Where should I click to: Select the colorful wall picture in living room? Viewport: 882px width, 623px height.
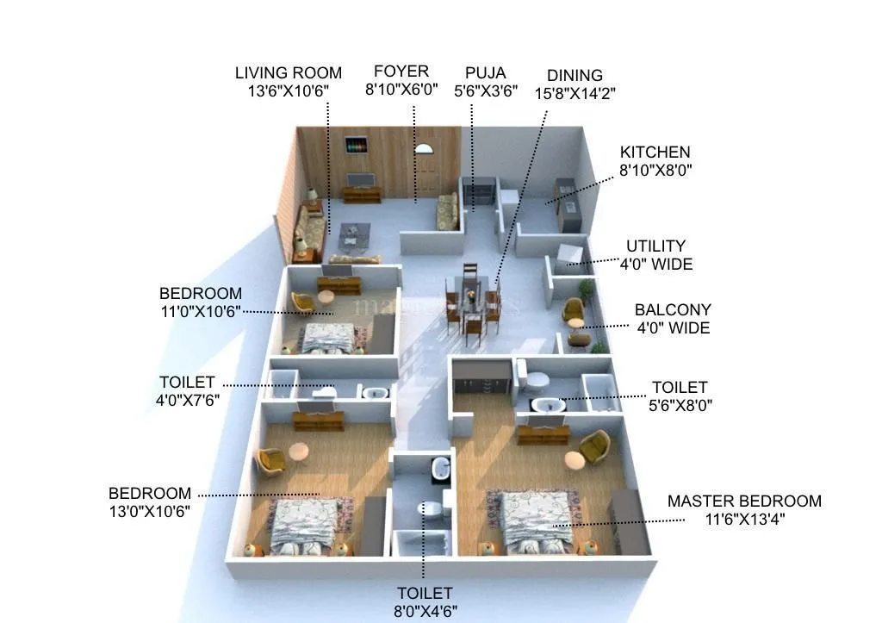click(x=356, y=145)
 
